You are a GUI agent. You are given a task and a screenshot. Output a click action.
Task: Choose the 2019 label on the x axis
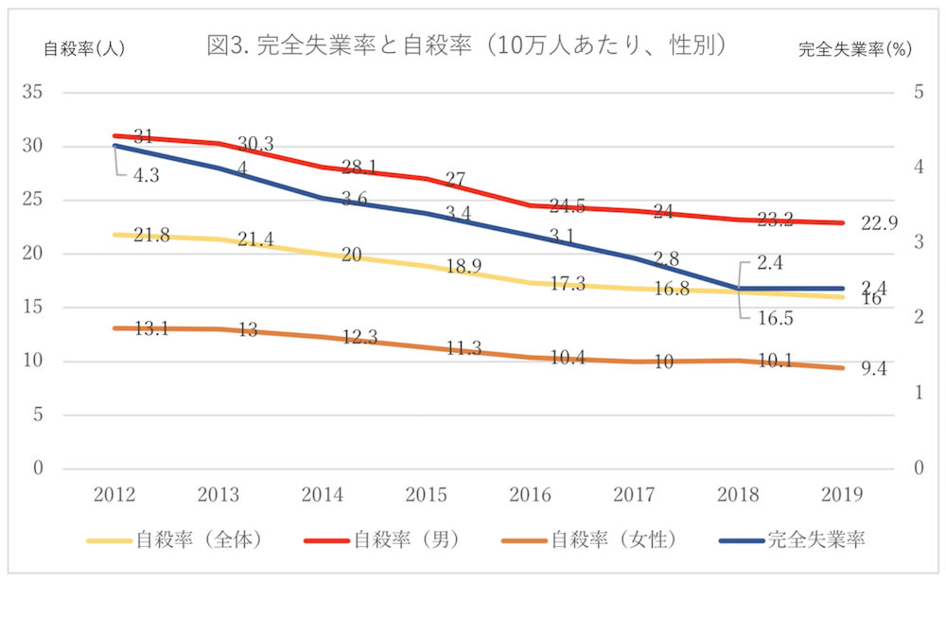tap(840, 495)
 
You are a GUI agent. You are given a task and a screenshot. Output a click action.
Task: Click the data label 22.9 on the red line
tap(880, 223)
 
